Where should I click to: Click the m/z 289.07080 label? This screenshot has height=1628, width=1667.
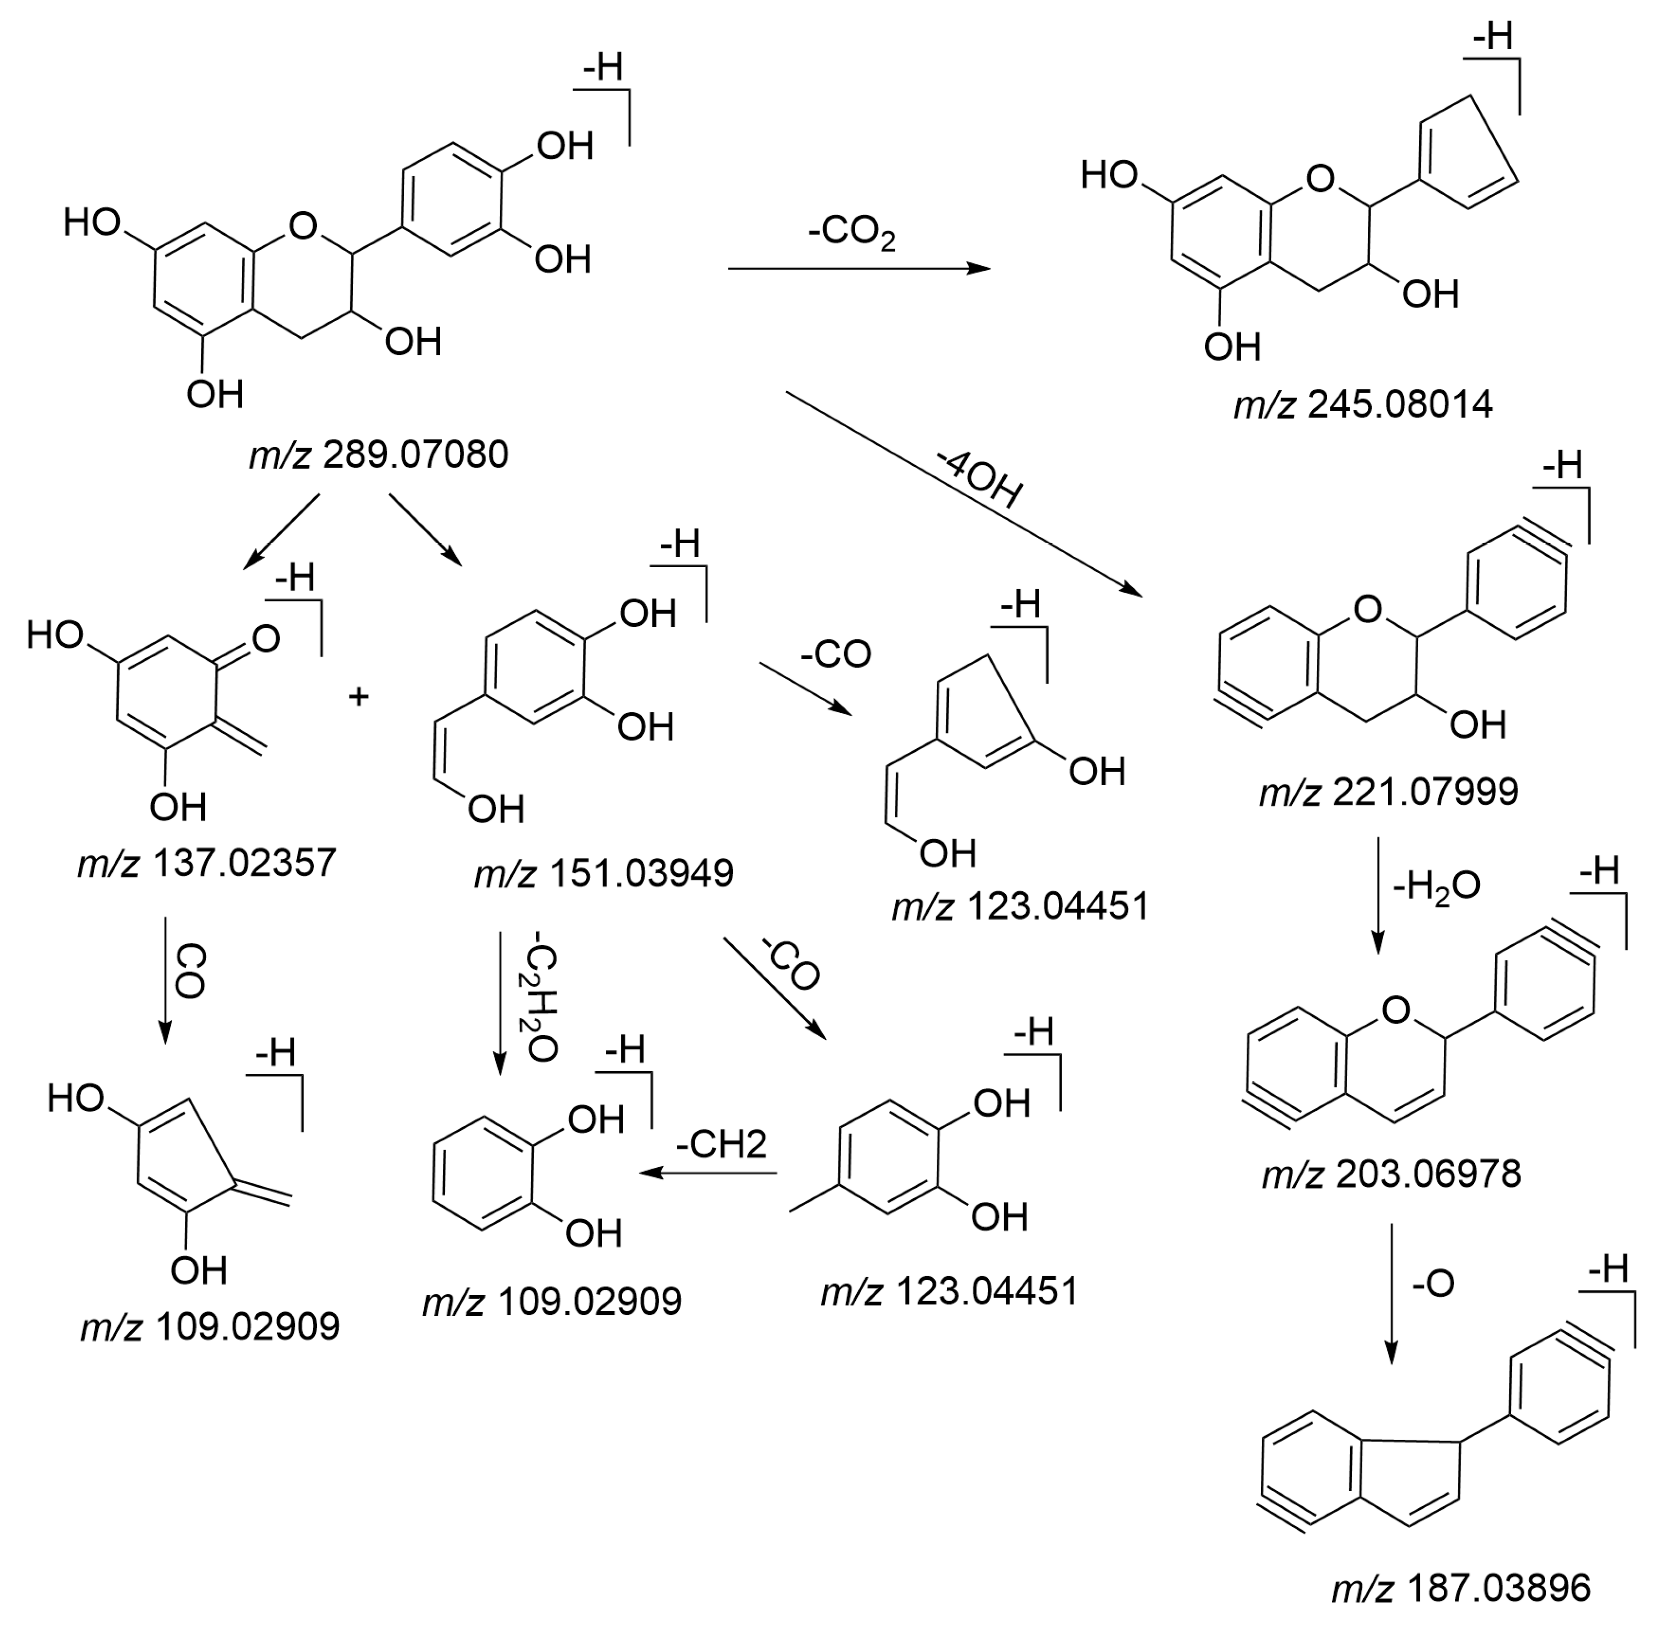click(x=378, y=455)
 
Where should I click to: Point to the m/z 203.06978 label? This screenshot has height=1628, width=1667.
click(x=1391, y=1174)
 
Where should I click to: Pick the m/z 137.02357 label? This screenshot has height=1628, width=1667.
click(x=207, y=863)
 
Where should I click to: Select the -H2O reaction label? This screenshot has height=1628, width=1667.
click(x=1436, y=887)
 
